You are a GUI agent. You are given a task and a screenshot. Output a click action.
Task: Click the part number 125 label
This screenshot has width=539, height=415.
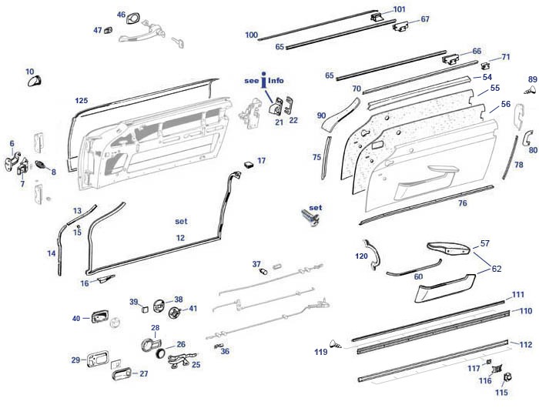82,101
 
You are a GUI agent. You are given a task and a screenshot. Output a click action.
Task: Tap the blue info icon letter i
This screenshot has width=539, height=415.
264,79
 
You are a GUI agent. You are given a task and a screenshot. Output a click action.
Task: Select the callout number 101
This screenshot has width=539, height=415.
399,9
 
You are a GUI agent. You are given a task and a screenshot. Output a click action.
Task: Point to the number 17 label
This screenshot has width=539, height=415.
262,160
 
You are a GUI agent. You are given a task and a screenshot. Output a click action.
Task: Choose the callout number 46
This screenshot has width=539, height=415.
121,15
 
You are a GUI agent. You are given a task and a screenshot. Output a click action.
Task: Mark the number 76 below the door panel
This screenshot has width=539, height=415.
463,203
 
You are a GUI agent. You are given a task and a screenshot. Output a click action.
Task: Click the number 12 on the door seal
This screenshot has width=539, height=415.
180,238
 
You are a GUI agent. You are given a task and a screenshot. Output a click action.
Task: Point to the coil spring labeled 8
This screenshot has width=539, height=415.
42,166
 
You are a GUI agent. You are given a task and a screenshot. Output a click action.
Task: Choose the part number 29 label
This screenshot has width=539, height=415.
75,360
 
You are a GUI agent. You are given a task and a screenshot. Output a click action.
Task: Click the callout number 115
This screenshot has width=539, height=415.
501,393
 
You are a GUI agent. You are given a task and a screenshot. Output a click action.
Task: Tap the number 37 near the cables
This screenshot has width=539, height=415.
256,264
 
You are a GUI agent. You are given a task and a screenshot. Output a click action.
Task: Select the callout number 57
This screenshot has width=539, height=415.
484,243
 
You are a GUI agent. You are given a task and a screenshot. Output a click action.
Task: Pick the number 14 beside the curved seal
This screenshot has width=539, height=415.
52,253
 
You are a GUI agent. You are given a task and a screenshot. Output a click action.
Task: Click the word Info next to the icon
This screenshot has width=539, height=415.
276,80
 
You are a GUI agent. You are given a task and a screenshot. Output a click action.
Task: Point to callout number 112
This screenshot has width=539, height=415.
526,344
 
